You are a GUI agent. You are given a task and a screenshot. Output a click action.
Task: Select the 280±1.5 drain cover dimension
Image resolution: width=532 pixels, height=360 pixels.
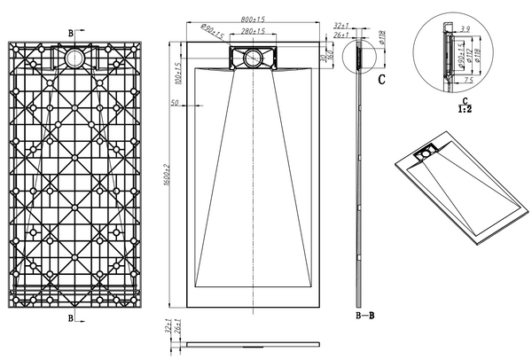click(x=254, y=31)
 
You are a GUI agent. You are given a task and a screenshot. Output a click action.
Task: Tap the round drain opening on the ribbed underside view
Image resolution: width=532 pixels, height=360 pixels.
click(x=73, y=57)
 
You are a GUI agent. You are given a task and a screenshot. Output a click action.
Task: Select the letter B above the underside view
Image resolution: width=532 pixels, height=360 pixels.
click(x=71, y=31)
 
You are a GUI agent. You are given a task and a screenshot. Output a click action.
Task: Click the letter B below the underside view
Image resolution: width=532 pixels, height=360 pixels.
click(x=71, y=317)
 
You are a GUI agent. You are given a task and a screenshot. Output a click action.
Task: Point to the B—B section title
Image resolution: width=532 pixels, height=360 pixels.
click(x=364, y=314)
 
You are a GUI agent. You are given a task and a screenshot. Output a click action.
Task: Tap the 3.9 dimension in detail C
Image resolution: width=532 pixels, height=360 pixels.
click(x=464, y=29)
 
